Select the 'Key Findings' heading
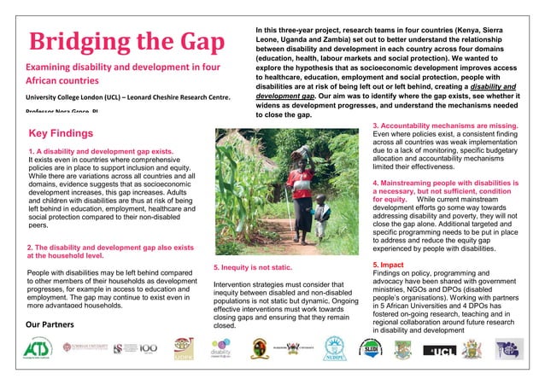pos(61,133)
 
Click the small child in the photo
pos(321,216)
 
